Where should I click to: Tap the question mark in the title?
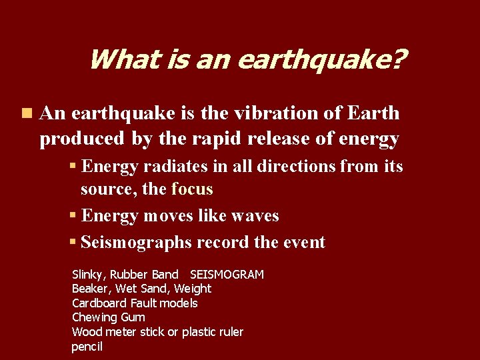coord(398,60)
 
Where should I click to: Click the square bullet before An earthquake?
coord(25,114)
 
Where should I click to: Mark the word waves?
coord(255,216)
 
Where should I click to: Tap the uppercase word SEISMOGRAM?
coord(227,275)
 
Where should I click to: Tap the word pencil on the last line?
coord(87,347)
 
